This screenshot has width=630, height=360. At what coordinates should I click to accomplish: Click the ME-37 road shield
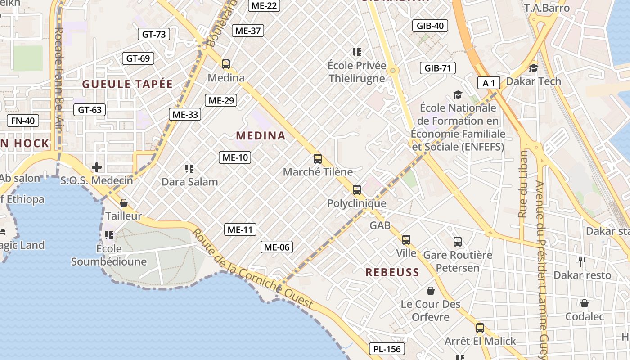point(248,31)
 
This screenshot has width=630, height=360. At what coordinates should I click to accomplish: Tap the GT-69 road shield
point(138,58)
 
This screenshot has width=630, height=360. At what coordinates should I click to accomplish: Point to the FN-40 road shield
point(23,121)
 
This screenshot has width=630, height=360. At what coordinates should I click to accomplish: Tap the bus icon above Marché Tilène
point(318,158)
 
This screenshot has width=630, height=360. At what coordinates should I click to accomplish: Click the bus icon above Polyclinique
point(357,190)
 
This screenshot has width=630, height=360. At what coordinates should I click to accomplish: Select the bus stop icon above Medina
point(226,64)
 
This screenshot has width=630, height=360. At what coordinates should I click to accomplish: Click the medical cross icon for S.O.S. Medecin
point(97,168)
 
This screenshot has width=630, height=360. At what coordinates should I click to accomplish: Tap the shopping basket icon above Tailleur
point(124,203)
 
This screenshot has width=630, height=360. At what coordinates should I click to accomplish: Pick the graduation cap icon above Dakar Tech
point(533,68)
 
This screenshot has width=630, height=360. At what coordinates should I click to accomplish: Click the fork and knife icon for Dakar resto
point(582,262)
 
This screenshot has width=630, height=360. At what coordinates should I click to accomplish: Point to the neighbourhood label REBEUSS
point(392,272)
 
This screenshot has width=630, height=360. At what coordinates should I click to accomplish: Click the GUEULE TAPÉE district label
point(127,84)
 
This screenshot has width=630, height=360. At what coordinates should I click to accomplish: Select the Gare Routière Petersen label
point(458,261)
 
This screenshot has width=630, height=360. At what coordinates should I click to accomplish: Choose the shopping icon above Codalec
point(584,303)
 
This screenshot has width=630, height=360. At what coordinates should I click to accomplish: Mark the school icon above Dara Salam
point(189,169)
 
